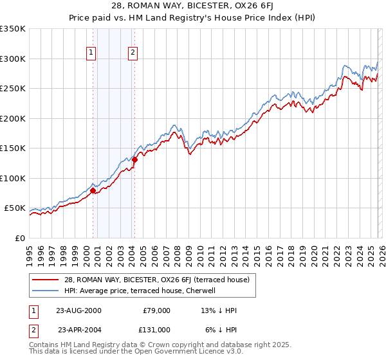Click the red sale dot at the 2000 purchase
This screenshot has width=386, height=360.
[93, 190]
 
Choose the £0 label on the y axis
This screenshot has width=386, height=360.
[19, 238]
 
